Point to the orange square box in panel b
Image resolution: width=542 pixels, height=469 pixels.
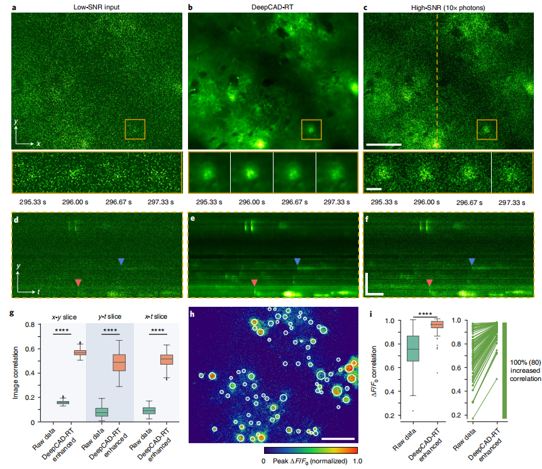[311, 130]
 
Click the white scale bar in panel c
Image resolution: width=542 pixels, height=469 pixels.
[383, 145]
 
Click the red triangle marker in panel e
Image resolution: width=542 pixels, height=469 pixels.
[254, 284]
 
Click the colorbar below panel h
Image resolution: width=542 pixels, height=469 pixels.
[311, 451]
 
